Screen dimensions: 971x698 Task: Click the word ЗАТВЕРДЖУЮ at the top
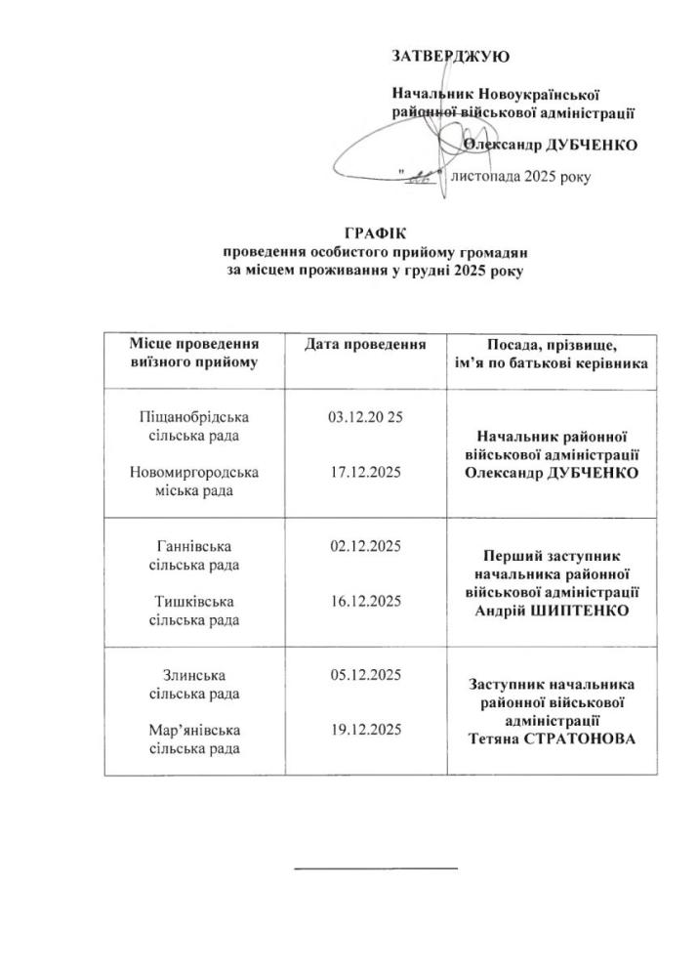(x=450, y=57)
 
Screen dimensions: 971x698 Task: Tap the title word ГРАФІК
(x=374, y=232)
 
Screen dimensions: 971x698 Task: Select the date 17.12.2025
(x=366, y=473)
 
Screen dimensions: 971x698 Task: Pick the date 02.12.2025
(x=366, y=545)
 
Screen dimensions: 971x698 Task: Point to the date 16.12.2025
(x=366, y=600)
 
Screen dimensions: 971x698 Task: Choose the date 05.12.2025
(x=366, y=675)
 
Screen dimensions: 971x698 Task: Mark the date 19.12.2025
(x=366, y=730)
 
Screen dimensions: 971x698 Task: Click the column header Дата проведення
(x=365, y=345)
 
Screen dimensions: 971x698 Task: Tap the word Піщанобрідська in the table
(x=194, y=417)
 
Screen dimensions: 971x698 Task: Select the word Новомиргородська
(x=194, y=473)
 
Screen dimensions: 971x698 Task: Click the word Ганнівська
(x=194, y=545)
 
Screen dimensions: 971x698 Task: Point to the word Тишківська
(x=194, y=600)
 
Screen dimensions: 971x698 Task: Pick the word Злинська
(x=194, y=675)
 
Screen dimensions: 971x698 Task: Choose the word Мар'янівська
(x=194, y=730)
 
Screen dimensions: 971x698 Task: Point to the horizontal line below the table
(x=376, y=866)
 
